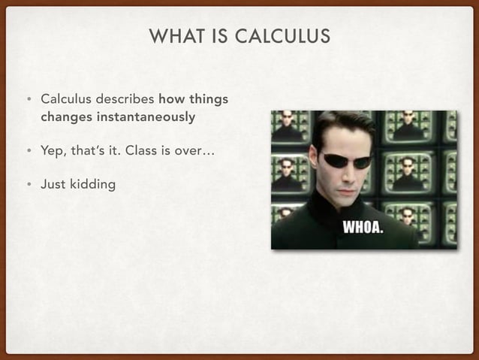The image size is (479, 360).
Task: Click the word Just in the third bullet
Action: (x=53, y=184)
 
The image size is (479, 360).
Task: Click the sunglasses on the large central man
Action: (x=347, y=160)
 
